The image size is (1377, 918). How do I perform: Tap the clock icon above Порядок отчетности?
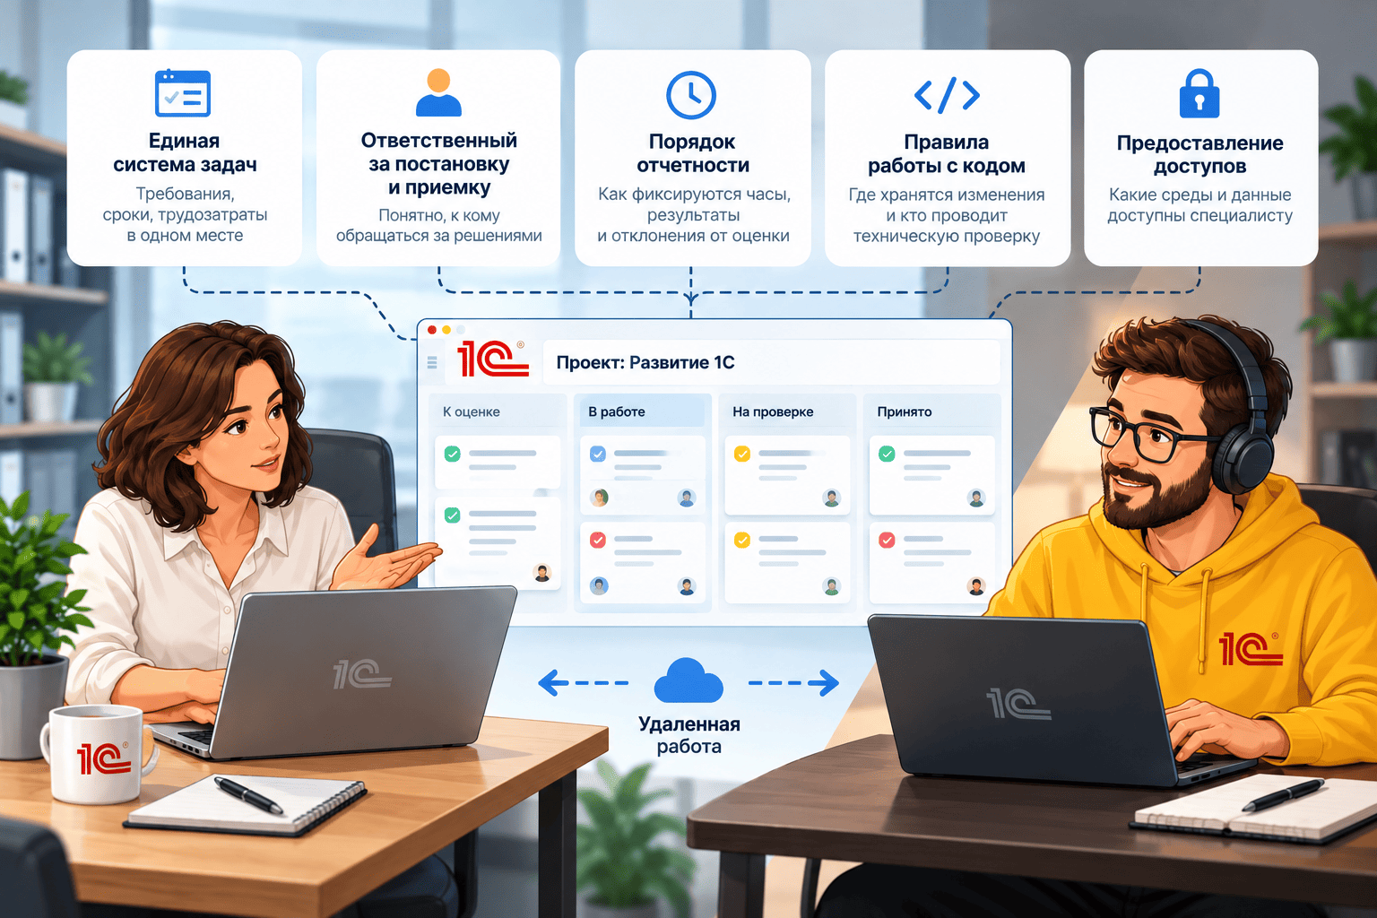pos(691,95)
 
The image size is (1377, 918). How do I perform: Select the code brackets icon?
pos(947,95)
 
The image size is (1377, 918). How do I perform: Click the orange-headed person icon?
pos(438,92)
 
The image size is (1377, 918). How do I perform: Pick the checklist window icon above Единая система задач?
pos(183,93)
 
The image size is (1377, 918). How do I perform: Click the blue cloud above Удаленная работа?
pos(688,680)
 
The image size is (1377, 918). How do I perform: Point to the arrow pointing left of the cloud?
pos(583,682)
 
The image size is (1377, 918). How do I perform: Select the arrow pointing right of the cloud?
pos(793,682)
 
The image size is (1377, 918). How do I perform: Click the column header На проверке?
pos(773,412)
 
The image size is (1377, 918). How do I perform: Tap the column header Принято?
pos(905,412)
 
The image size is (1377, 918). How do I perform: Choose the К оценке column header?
pos(471,412)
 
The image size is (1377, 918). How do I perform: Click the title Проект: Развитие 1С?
pos(645,362)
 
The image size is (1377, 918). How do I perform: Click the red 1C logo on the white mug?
pos(104,758)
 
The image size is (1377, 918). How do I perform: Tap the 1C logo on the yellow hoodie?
pos(1250,649)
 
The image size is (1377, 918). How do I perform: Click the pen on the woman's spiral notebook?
pos(248,794)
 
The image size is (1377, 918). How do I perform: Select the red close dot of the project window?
pos(432,330)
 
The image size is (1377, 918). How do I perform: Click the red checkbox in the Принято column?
pos(887,540)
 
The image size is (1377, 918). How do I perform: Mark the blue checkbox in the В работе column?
pos(598,454)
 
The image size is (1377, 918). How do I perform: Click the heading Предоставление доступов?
pos(1200,154)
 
